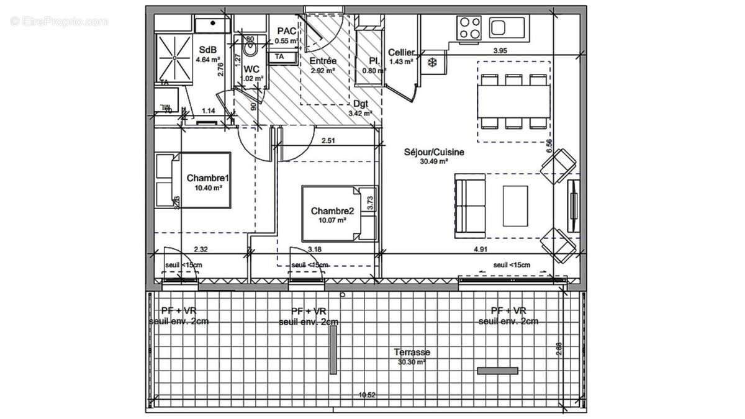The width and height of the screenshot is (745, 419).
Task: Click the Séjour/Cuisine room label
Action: pos(434,151)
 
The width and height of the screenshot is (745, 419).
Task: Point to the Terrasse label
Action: pos(413,352)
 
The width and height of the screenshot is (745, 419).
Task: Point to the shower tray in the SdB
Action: pos(174,56)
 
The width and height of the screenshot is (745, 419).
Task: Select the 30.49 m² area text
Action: pos(434,161)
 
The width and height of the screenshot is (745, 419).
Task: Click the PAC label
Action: pos(286,31)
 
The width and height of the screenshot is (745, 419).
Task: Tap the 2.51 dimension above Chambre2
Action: pos(328,141)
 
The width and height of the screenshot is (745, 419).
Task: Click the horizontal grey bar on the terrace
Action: pos(497,371)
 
